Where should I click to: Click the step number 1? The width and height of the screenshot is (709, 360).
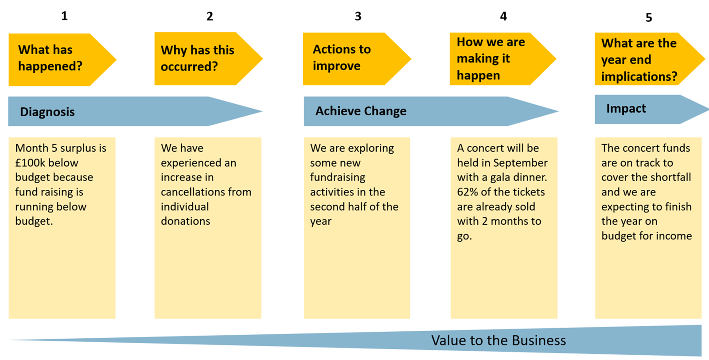click(x=64, y=16)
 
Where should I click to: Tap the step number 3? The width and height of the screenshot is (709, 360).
click(x=358, y=16)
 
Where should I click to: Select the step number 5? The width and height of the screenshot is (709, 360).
click(x=649, y=17)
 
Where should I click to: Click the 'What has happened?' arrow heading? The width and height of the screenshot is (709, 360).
click(x=62, y=59)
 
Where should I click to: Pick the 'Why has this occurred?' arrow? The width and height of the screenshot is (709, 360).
click(x=209, y=59)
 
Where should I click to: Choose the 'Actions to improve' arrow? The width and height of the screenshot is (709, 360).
click(x=357, y=59)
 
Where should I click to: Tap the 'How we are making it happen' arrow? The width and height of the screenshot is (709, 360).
click(x=503, y=59)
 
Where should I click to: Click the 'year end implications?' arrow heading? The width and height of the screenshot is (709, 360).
click(x=650, y=59)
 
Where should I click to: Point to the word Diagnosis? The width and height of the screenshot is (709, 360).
click(x=47, y=112)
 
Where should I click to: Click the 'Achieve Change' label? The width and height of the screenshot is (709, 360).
click(x=361, y=111)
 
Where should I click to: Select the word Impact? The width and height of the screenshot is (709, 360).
click(x=626, y=109)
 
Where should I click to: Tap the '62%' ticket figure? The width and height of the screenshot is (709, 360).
click(x=467, y=192)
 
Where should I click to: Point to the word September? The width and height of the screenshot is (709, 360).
click(x=520, y=163)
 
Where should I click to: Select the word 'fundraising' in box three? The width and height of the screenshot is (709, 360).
click(x=338, y=177)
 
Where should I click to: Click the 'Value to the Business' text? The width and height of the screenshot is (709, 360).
click(x=499, y=340)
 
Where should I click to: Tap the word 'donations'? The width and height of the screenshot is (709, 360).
click(x=186, y=221)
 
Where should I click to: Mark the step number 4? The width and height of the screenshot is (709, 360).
click(x=503, y=16)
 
